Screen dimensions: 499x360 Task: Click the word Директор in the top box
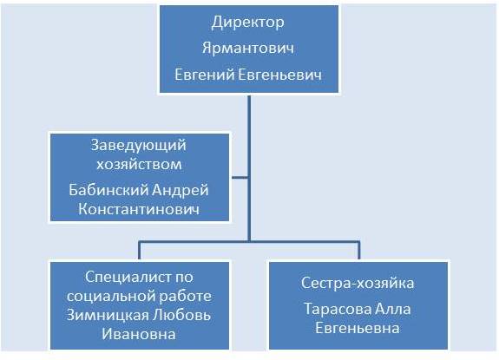(x=248, y=23)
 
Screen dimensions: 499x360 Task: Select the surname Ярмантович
(x=248, y=49)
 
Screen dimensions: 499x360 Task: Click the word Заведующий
(x=139, y=146)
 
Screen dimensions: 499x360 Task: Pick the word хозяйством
(x=139, y=165)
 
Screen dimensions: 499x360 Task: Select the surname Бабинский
(x=108, y=190)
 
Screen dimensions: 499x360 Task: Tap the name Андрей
(x=181, y=191)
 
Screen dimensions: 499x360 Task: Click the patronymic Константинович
(x=139, y=209)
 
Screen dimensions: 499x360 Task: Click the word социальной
(x=111, y=297)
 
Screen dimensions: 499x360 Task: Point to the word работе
(x=185, y=297)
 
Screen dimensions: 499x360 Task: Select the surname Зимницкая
(x=108, y=316)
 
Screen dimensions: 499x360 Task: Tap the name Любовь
(x=181, y=315)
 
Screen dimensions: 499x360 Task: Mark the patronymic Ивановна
(x=139, y=334)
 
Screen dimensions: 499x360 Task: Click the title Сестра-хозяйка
(x=358, y=283)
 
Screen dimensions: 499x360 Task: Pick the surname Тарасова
(x=338, y=309)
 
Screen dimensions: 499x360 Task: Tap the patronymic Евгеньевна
(x=358, y=328)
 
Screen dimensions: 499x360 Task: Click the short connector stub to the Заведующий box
(x=240, y=178)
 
